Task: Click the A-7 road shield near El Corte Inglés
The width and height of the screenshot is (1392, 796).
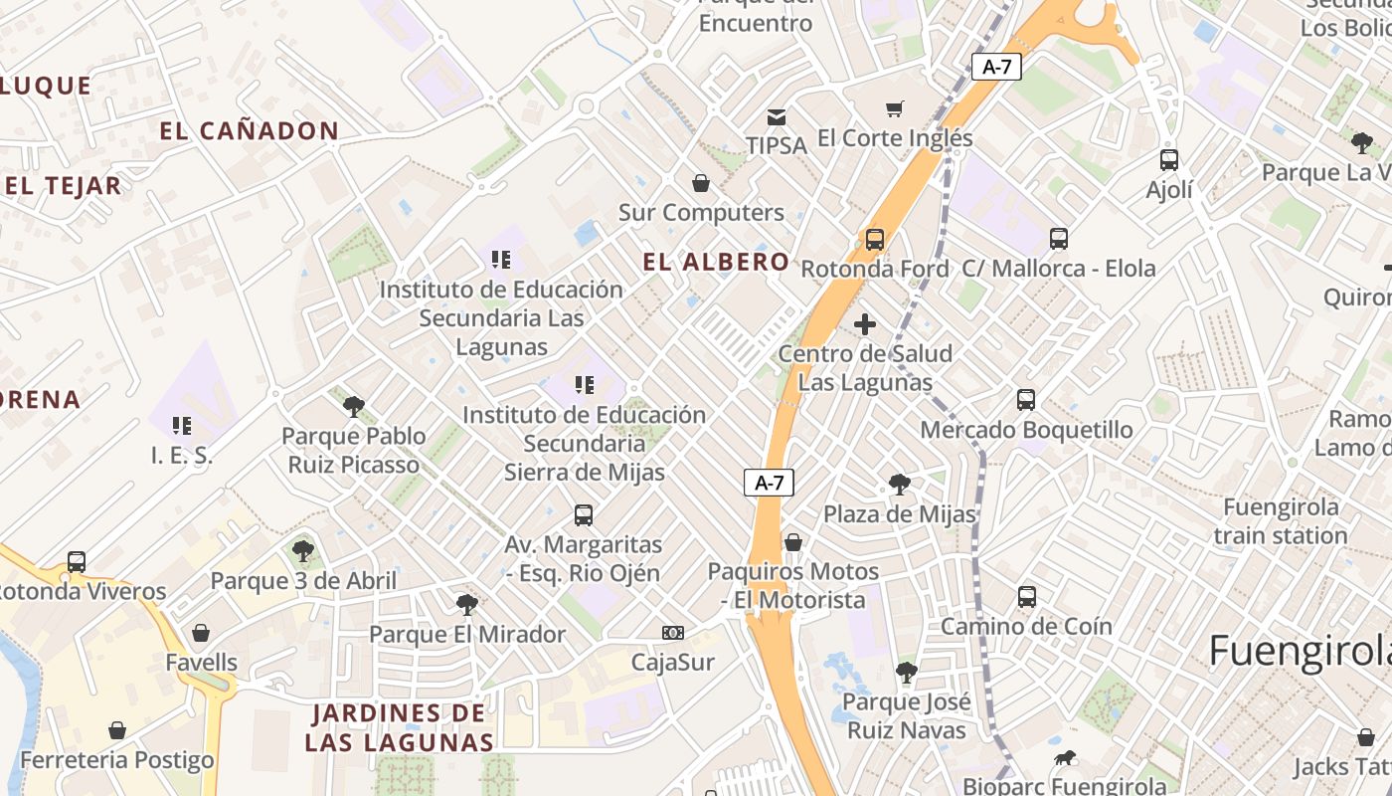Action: coord(996,67)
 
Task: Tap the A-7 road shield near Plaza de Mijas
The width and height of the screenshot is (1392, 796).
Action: coord(770,483)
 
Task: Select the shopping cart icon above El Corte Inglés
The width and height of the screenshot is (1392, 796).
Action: coord(895,108)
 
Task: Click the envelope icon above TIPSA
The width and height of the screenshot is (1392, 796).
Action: coord(777,117)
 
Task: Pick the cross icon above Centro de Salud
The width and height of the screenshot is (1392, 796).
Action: coord(865,324)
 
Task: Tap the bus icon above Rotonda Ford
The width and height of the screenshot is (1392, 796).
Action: coord(875,239)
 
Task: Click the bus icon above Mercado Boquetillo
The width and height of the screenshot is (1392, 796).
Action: coord(1026,400)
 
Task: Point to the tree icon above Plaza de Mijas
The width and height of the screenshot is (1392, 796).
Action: coord(900,485)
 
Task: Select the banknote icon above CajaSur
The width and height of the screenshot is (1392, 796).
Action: coord(673,633)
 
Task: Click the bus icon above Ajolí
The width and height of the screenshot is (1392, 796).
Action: coord(1169,159)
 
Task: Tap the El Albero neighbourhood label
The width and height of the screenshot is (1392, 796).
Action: coord(716,262)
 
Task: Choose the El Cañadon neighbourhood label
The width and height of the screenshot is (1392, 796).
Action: coord(250,130)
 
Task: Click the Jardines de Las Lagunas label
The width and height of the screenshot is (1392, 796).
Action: coord(399,727)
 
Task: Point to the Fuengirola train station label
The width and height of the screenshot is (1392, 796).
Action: coord(1281,521)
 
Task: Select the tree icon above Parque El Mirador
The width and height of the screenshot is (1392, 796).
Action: coord(466,604)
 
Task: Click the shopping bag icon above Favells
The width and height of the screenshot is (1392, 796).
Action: coord(201,633)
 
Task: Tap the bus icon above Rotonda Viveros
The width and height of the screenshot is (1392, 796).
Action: coord(77,561)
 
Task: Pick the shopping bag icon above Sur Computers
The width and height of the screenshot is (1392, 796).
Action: coord(701,183)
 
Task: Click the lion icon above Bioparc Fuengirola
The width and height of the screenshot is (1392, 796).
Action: coord(1065,758)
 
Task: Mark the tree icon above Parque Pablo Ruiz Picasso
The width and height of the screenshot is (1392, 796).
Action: coord(353,406)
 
